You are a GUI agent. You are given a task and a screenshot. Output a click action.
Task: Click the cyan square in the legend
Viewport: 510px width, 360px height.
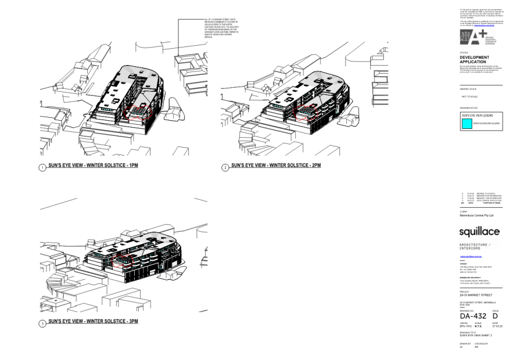(x=466, y=123)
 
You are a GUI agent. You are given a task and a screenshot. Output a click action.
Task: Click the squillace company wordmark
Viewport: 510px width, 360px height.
(x=479, y=232)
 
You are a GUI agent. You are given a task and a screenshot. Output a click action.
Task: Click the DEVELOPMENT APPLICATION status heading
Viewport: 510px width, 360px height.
(x=474, y=59)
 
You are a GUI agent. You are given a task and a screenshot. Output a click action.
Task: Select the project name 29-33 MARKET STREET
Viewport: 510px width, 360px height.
(x=476, y=295)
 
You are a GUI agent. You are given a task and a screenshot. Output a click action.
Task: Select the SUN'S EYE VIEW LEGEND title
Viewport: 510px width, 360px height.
(x=477, y=115)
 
